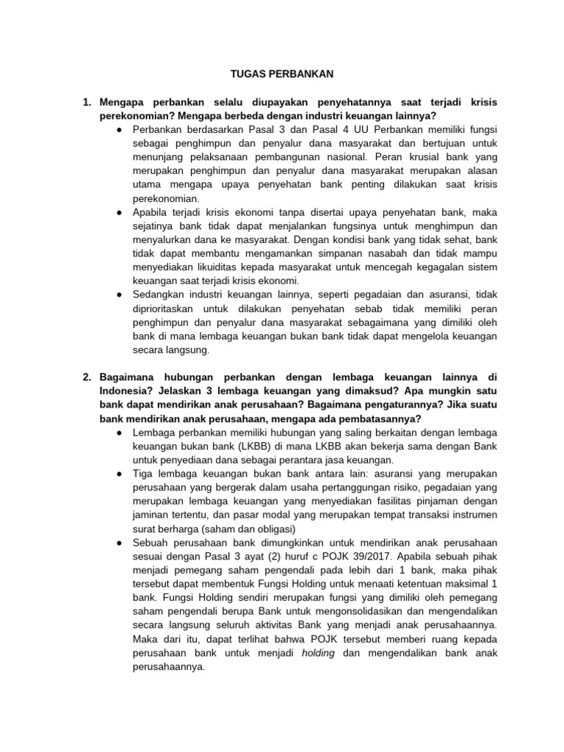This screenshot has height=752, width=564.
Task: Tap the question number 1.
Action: [87, 102]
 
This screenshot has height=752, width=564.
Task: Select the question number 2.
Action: [87, 377]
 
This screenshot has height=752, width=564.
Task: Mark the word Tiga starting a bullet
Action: [144, 474]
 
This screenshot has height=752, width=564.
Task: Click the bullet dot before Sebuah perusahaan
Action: [118, 542]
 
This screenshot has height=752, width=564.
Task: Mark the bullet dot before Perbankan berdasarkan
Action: [118, 130]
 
